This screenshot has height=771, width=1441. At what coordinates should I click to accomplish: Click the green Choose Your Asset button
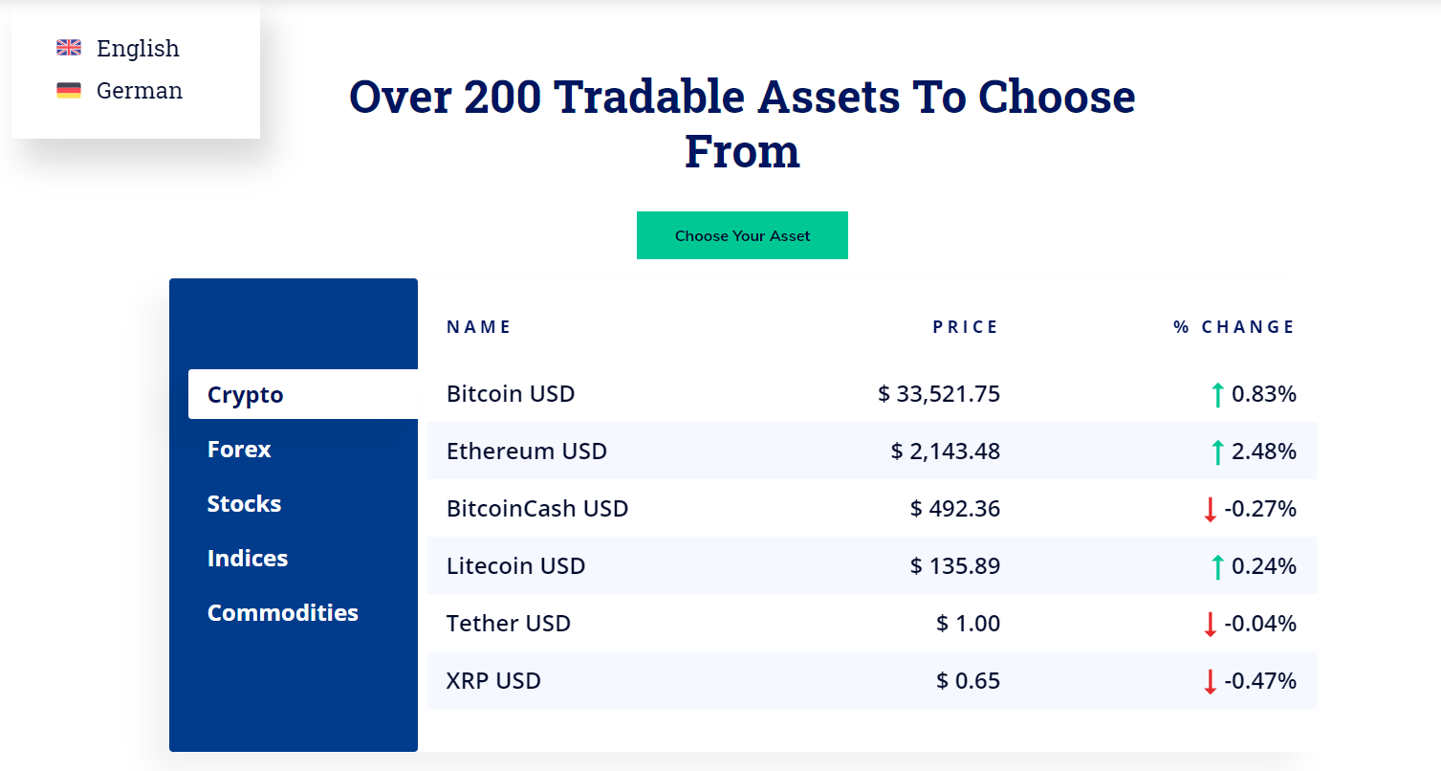742,235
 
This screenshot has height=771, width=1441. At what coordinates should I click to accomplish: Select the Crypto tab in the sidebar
245,394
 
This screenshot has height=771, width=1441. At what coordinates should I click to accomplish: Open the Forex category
239,450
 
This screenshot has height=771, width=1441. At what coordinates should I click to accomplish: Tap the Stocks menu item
244,504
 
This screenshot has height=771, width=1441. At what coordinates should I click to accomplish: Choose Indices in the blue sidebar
247,558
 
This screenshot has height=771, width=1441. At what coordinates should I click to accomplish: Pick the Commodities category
282,612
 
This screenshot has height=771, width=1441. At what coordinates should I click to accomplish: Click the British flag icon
69,48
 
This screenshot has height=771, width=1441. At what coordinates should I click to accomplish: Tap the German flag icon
69,90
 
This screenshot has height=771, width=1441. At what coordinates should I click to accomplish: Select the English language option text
138,48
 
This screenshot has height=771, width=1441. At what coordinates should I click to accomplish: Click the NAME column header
479,327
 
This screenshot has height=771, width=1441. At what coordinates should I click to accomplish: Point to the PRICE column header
965,327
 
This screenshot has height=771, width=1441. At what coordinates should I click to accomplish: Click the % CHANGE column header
1234,327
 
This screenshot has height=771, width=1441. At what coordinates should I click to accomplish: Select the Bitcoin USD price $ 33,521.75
939,394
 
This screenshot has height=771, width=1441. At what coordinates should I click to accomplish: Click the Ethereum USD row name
526,452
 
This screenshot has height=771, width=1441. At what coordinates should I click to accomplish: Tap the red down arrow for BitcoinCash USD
1210,509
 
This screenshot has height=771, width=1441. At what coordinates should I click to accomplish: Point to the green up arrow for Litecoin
1217,566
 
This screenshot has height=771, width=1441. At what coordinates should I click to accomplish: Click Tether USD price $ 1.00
969,623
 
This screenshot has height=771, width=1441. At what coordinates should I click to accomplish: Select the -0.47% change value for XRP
1260,680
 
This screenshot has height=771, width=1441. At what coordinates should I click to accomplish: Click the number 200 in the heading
502,97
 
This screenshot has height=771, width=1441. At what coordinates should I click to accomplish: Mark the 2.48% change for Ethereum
1263,452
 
